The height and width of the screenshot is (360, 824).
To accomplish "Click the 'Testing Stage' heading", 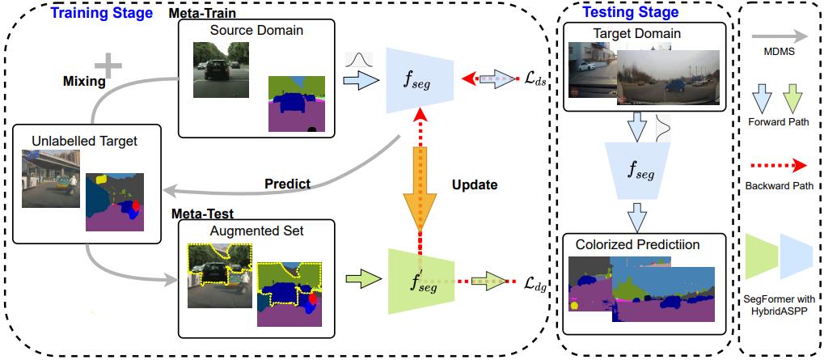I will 631,12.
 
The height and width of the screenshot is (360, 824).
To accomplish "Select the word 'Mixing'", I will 84,82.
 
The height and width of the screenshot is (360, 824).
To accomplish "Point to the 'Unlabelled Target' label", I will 84,141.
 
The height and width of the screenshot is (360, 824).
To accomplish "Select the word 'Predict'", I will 288,184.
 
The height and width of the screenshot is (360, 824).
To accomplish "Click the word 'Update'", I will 474,184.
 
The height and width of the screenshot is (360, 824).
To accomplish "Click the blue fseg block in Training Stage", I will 420,78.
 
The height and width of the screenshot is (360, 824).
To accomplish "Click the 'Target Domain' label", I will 636,34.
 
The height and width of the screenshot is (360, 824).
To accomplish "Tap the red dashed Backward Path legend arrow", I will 777,166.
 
